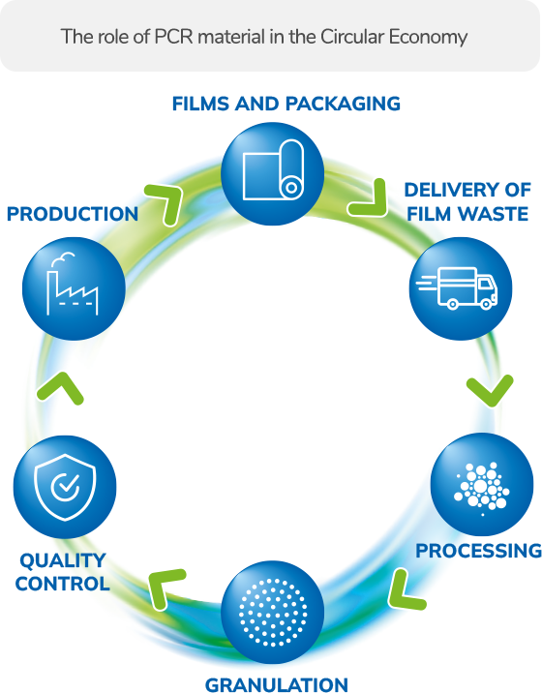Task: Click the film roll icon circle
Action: point(272,173)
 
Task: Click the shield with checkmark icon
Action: point(65,487)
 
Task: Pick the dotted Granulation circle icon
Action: point(272,612)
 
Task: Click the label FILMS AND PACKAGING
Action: point(286,104)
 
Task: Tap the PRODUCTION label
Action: point(73,214)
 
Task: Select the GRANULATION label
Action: point(277,684)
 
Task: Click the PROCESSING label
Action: point(479,551)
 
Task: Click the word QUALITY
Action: point(63,560)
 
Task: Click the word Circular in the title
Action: point(353,37)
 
